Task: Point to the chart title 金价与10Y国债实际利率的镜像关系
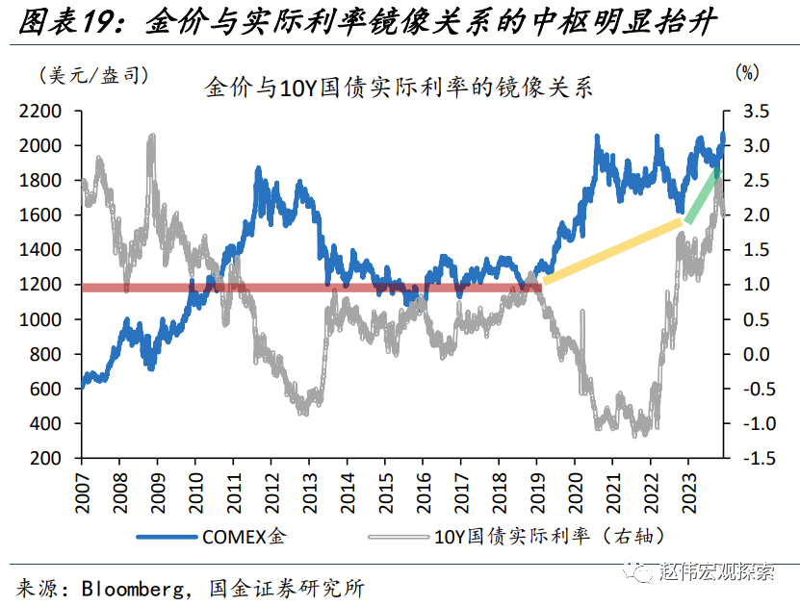point(399,88)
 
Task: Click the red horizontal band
point(308,287)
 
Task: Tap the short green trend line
point(702,195)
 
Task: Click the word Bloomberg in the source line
point(130,587)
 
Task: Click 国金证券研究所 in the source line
point(280,587)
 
